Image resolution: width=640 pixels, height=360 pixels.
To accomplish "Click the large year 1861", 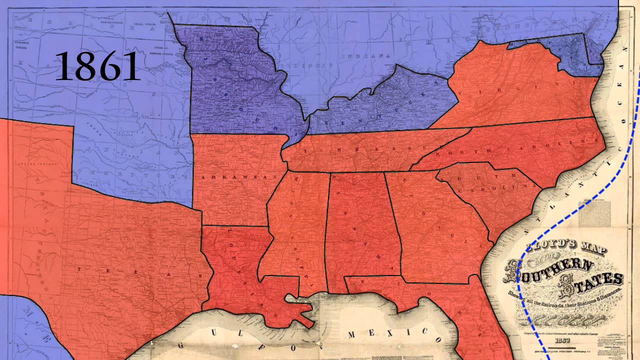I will click(97, 66).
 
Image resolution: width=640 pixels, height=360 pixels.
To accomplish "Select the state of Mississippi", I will click(295, 225).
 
